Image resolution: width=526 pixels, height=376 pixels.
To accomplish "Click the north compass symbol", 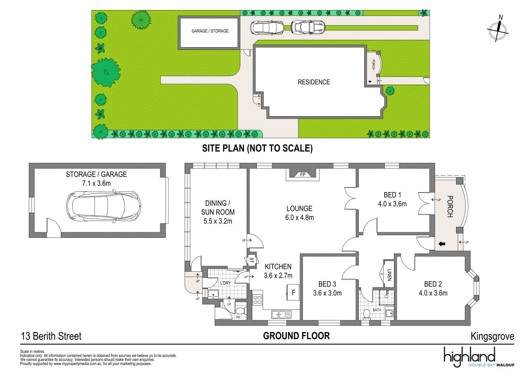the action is click(x=498, y=29).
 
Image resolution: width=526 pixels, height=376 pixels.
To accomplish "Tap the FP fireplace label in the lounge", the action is click(x=303, y=175).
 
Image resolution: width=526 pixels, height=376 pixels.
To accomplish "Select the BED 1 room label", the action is click(x=392, y=195).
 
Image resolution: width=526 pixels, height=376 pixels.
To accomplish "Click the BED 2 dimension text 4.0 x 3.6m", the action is click(x=433, y=293).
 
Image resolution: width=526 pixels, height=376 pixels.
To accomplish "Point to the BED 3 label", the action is click(x=327, y=284).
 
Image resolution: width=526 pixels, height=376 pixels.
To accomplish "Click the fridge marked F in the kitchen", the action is click(x=293, y=292).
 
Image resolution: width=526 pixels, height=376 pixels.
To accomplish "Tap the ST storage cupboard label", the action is click(x=251, y=260).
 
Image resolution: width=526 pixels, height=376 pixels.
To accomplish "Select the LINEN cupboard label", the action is click(x=389, y=274).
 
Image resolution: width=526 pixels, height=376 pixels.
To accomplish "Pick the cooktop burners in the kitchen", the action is click(x=257, y=300).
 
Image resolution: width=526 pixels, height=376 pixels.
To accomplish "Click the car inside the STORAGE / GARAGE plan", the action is click(x=103, y=206).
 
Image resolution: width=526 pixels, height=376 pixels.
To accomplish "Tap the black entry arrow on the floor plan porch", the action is click(x=442, y=244).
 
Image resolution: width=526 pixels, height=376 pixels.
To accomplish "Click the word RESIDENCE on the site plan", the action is click(x=313, y=82).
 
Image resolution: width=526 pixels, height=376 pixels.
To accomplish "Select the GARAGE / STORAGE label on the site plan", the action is click(x=210, y=31).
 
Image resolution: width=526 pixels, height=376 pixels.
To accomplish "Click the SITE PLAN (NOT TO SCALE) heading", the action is click(x=257, y=148).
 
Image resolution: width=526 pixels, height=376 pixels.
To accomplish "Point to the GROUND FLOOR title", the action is click(x=296, y=336).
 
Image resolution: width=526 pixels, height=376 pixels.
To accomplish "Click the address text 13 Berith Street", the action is click(x=51, y=336).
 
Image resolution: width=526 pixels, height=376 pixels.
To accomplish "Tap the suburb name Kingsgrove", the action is click(x=492, y=336).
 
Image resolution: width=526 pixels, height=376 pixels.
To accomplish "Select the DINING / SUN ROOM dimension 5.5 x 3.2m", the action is click(x=218, y=221).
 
